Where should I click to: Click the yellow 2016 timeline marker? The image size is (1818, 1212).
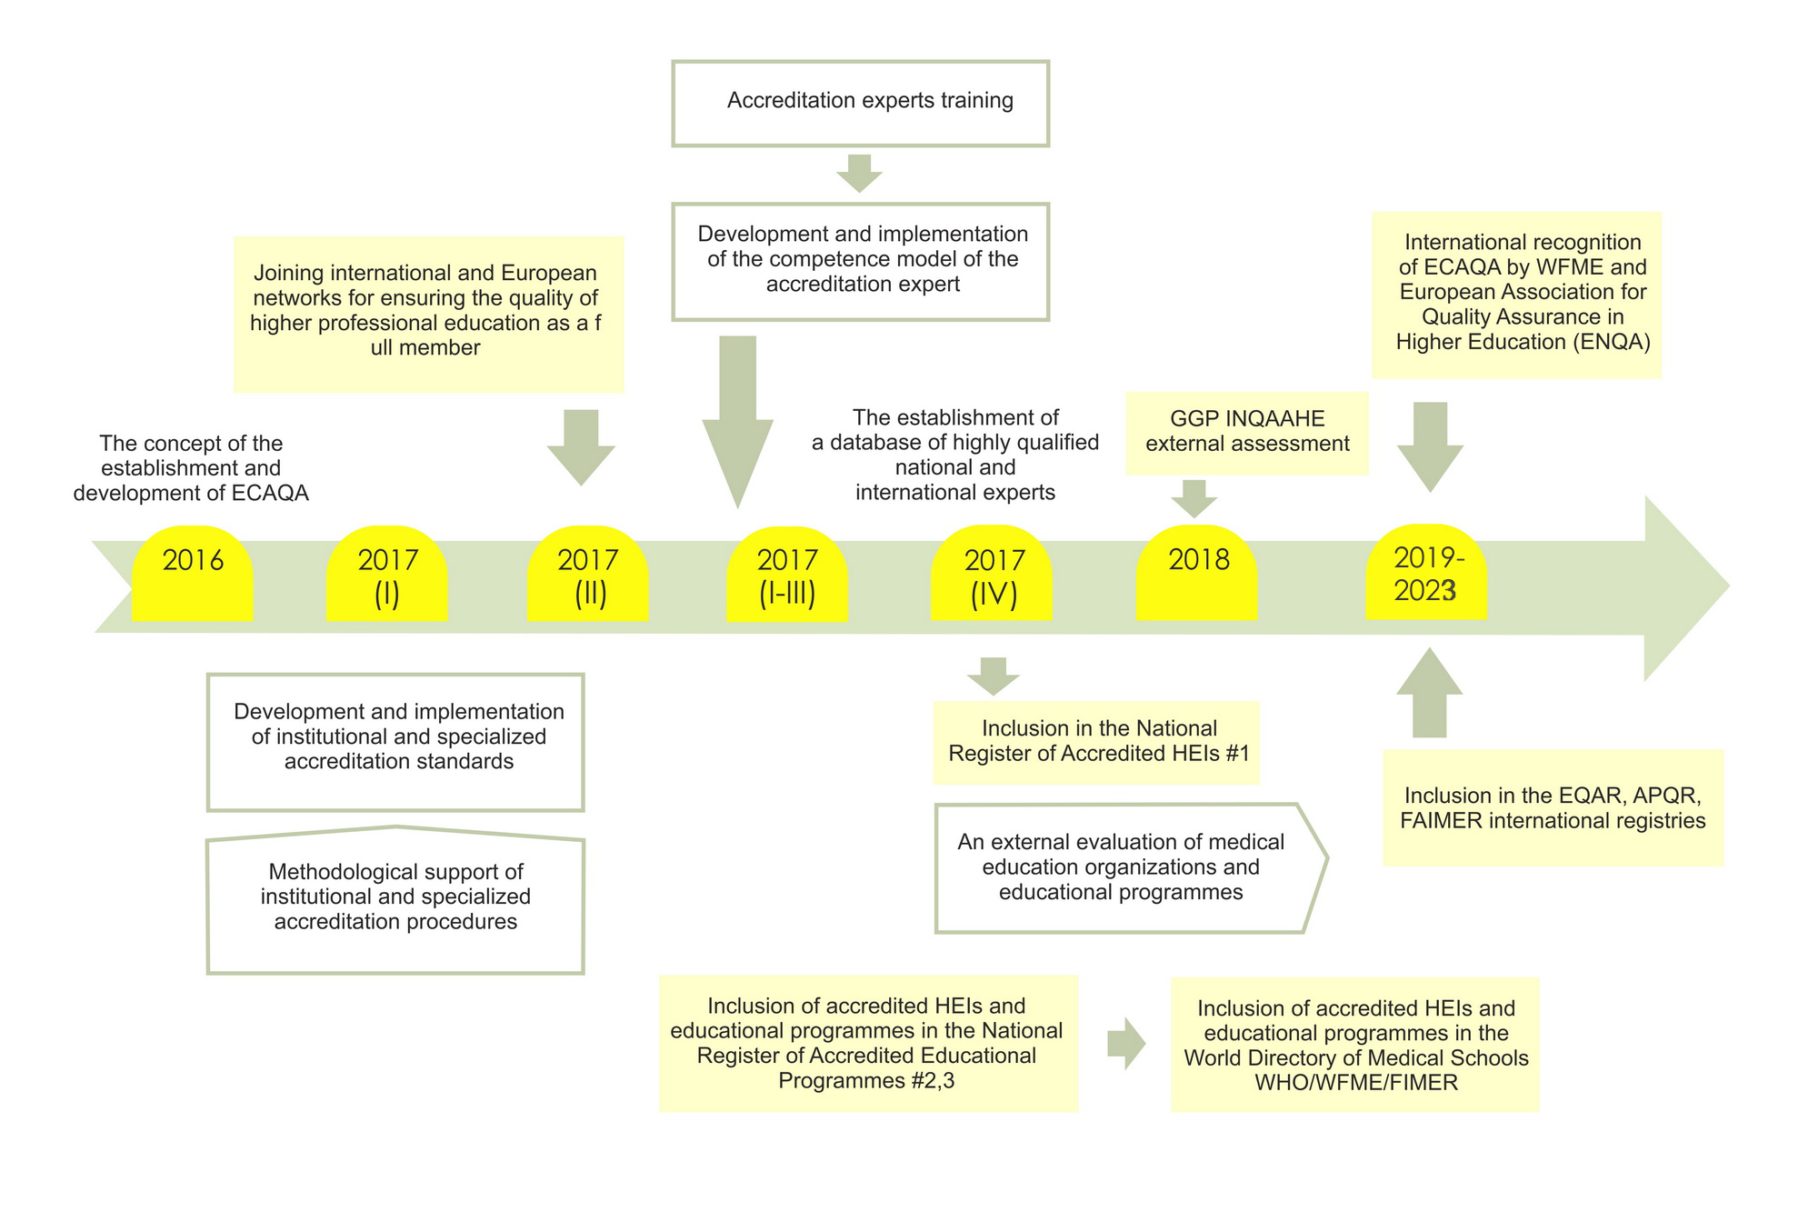click(x=192, y=574)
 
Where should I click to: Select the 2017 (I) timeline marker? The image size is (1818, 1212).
click(x=387, y=574)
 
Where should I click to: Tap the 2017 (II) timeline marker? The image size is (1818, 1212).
click(x=588, y=574)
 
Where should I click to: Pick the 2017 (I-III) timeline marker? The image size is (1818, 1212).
click(x=787, y=574)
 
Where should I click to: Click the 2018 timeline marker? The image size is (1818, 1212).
click(x=1197, y=573)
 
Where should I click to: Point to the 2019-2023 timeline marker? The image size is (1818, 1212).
click(x=1426, y=572)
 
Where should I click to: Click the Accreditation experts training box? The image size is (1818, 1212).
click(x=861, y=104)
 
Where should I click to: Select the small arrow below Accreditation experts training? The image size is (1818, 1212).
click(x=859, y=173)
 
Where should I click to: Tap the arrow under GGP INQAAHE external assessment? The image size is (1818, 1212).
click(x=1194, y=498)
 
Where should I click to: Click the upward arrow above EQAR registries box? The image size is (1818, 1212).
click(x=1430, y=692)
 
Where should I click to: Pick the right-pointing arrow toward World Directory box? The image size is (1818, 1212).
click(x=1126, y=1043)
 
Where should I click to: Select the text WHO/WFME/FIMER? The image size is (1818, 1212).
click(x=1356, y=1083)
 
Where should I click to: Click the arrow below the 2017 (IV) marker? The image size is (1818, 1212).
click(x=994, y=676)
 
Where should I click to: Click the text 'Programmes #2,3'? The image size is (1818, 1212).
click(x=866, y=1081)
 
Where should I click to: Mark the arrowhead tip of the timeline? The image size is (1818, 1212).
click(x=1730, y=586)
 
